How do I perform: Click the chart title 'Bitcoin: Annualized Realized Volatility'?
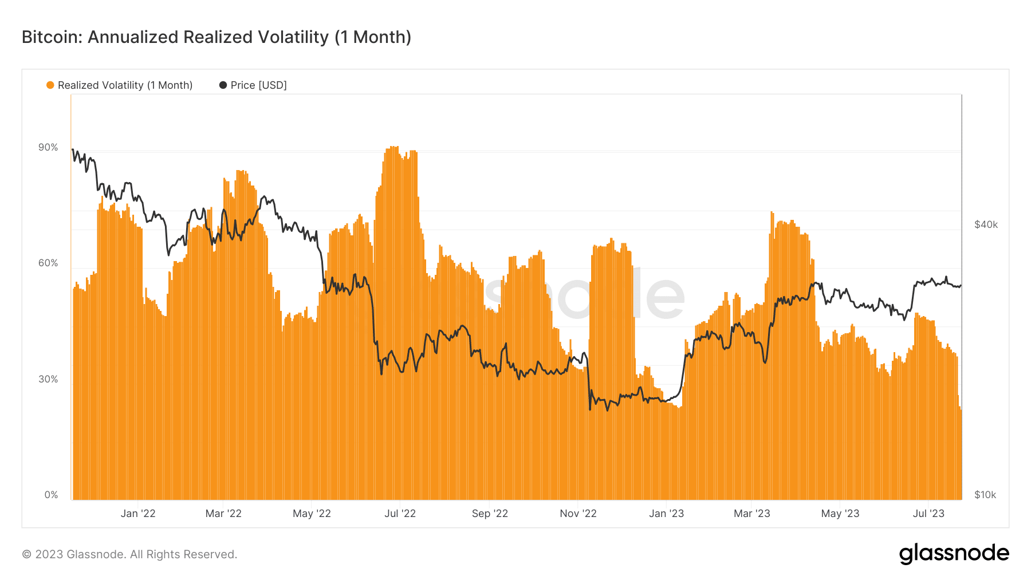pos(175,37)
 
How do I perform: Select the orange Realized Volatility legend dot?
pos(50,85)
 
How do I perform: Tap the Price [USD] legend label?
pos(258,85)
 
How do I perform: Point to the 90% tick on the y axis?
pos(48,147)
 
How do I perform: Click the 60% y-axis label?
pos(48,263)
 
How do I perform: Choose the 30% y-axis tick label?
pos(48,379)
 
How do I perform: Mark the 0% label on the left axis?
pos(51,495)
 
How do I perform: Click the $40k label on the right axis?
pos(986,224)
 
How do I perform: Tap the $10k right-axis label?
pos(985,495)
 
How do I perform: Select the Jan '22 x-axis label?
pos(138,514)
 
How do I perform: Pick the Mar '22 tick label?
pos(223,514)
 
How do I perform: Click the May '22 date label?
pos(312,514)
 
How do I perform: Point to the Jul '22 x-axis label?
pos(400,514)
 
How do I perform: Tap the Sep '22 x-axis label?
pos(490,514)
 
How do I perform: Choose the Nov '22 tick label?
pos(578,514)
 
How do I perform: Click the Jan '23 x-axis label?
pos(666,514)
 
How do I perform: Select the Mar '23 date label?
pos(751,514)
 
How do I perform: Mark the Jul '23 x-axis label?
pos(928,514)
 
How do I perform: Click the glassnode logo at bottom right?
pos(954,554)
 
